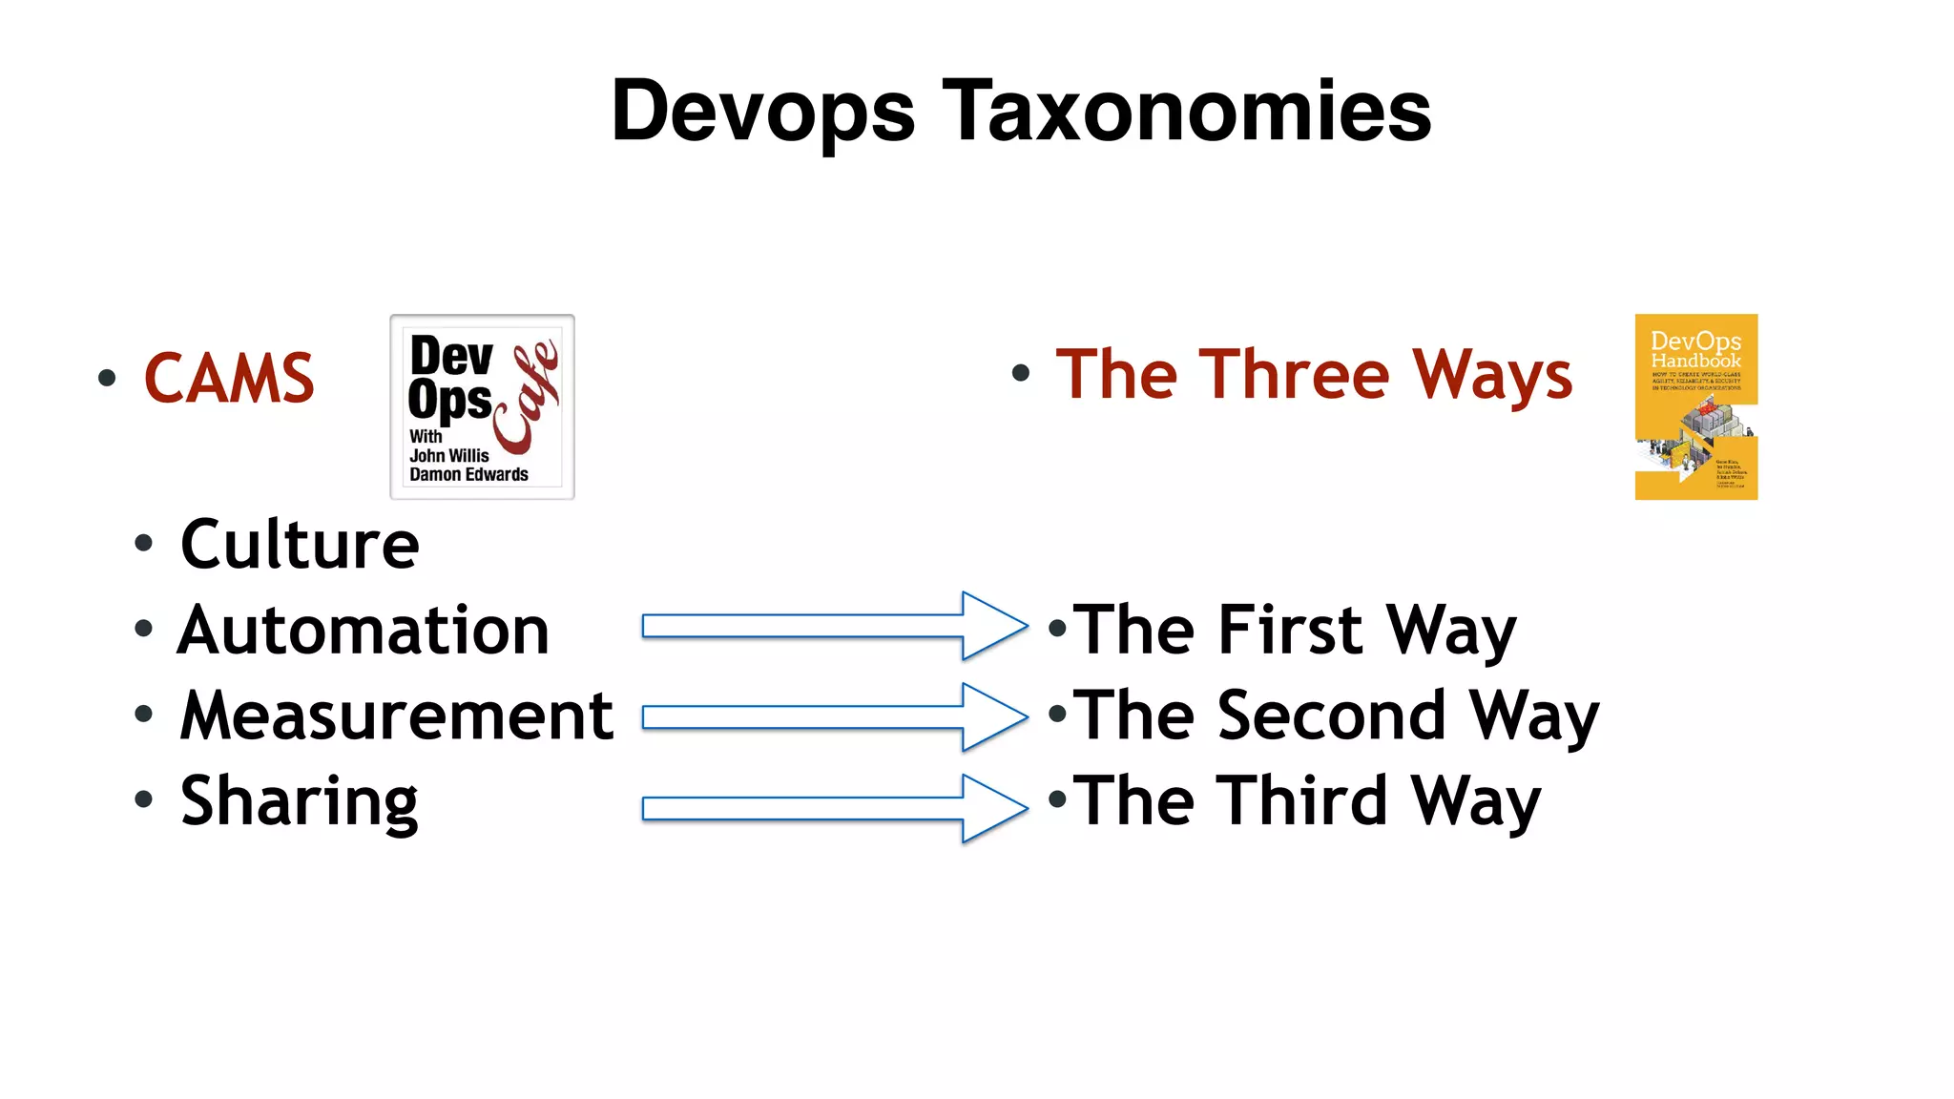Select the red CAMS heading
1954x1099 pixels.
(229, 379)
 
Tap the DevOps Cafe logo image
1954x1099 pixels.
(482, 407)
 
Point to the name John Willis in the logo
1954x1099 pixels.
(449, 456)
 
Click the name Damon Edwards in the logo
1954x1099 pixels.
(468, 474)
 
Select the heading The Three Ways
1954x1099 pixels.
(1314, 375)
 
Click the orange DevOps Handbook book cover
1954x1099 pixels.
(1695, 407)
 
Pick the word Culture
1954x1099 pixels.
(300, 545)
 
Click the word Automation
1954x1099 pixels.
(364, 631)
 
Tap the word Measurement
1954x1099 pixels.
(397, 715)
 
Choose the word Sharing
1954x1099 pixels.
(300, 801)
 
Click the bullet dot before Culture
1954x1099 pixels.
(144, 544)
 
